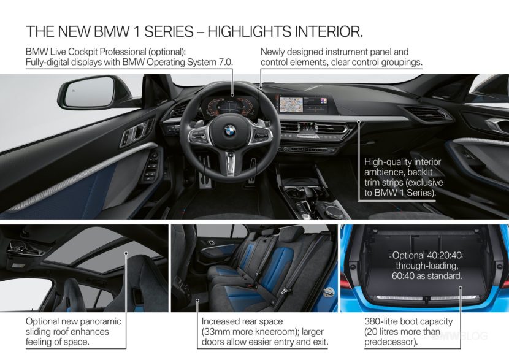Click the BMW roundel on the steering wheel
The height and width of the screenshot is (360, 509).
[230, 131]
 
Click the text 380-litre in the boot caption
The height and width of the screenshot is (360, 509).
[381, 321]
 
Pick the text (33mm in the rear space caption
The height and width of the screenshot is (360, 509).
[216, 332]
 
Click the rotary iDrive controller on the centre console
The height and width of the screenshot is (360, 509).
[334, 211]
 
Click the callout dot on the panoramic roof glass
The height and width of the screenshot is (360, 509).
[126, 253]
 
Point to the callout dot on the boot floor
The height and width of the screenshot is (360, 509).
[460, 288]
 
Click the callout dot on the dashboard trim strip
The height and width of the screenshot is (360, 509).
[358, 121]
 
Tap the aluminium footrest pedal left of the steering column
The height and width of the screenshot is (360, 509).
[204, 172]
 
